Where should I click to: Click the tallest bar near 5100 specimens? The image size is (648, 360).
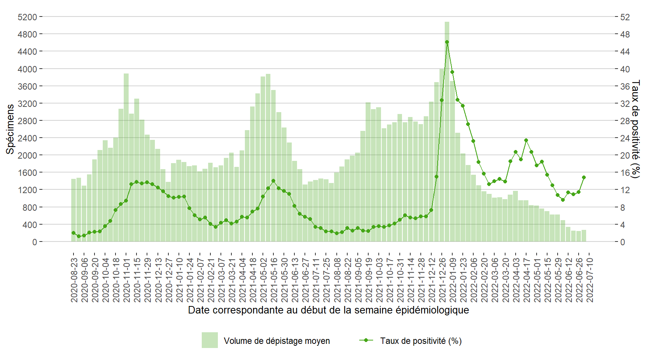pyautogui.click(x=447, y=131)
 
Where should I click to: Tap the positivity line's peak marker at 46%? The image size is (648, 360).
pyautogui.click(x=447, y=42)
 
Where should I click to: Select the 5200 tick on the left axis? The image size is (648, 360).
pyautogui.click(x=27, y=17)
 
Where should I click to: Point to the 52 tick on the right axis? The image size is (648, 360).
pyautogui.click(x=625, y=17)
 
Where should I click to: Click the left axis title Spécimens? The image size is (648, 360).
pyautogui.click(x=10, y=129)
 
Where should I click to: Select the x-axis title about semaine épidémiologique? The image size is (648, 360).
pyautogui.click(x=328, y=310)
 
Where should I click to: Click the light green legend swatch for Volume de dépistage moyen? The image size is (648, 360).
pyautogui.click(x=210, y=340)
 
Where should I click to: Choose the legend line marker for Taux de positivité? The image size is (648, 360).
pyautogui.click(x=366, y=340)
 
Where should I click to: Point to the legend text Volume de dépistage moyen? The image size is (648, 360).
pyautogui.click(x=277, y=341)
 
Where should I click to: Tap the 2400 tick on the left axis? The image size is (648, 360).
pyautogui.click(x=27, y=138)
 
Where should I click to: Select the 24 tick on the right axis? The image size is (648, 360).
pyautogui.click(x=625, y=138)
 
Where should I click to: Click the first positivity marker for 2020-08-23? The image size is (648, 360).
pyautogui.click(x=73, y=233)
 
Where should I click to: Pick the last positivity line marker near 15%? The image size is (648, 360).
pyautogui.click(x=584, y=177)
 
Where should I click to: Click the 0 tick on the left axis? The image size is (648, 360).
pyautogui.click(x=34, y=242)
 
